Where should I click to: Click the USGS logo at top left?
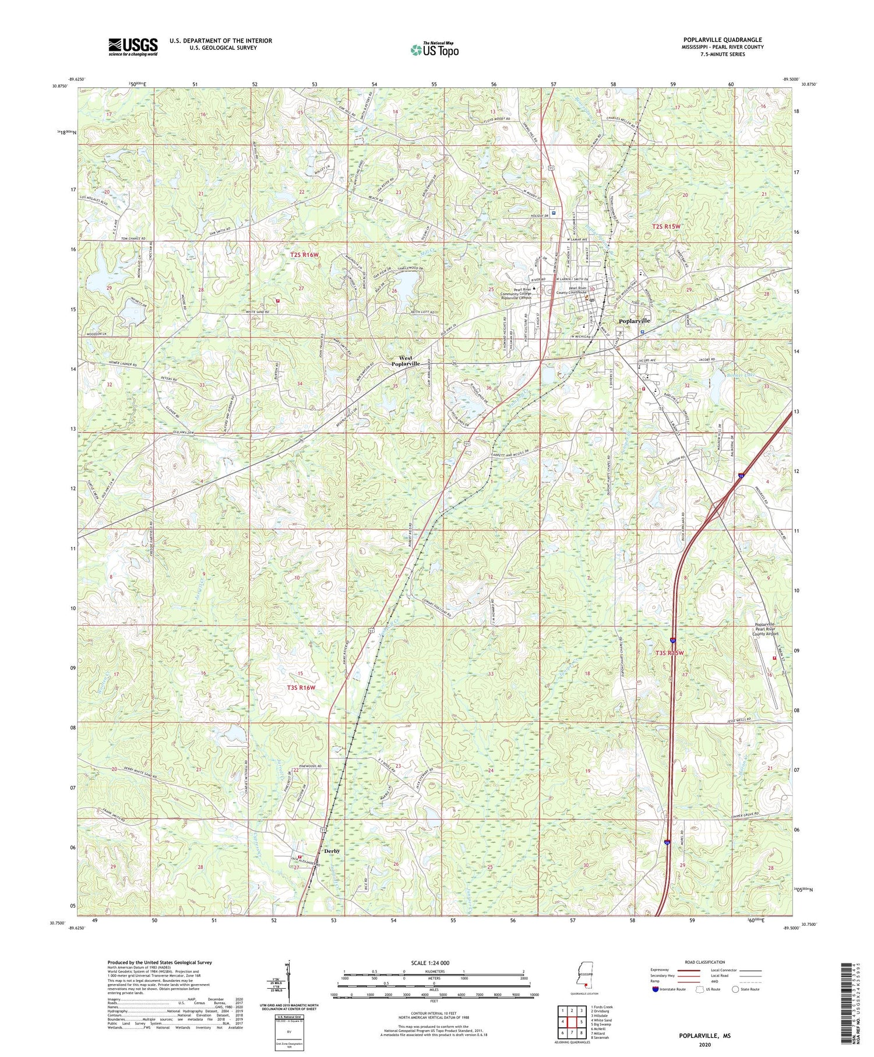pos(132,47)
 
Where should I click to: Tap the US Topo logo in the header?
pos(434,50)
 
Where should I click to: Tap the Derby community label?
pos(332,851)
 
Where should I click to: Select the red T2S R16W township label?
pos(305,255)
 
